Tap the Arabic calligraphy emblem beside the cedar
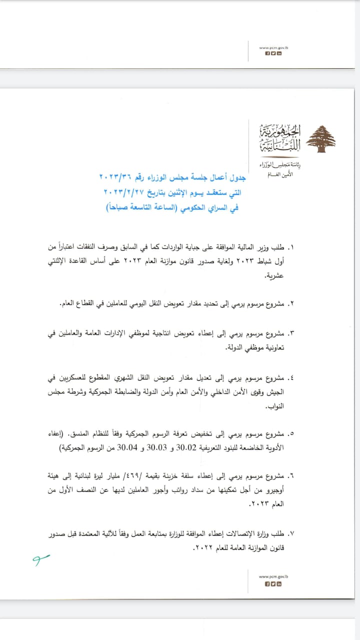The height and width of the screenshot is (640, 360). pos(274,140)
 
